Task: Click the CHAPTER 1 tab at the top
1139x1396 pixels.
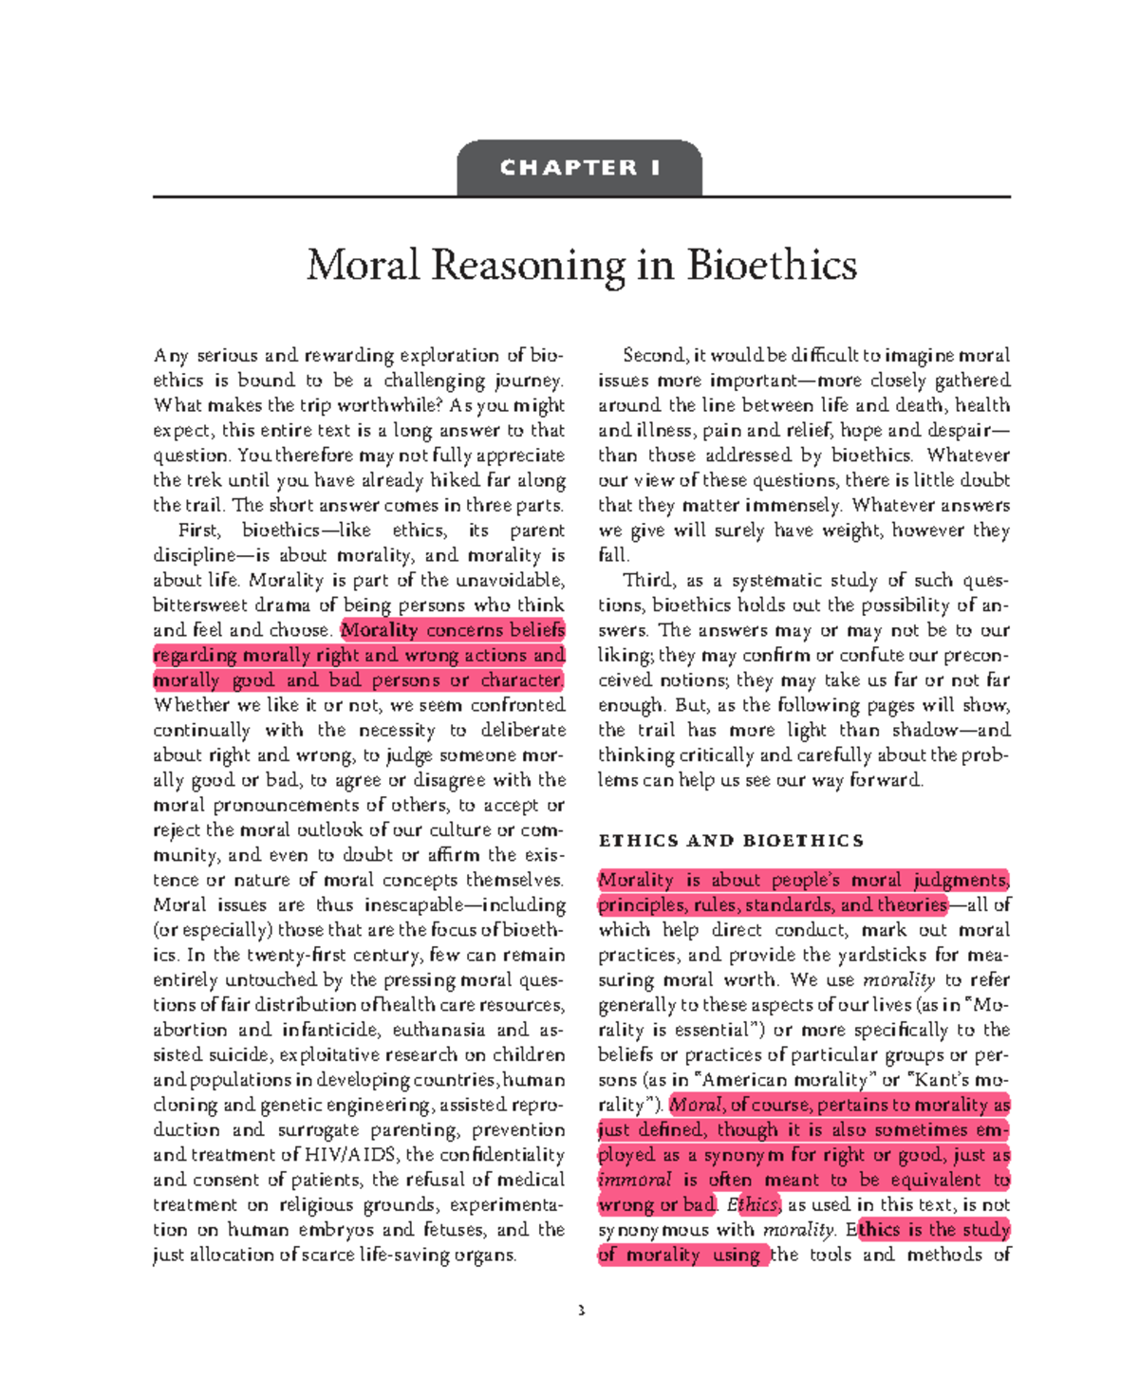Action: (x=579, y=168)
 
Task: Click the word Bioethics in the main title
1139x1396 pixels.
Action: (x=772, y=265)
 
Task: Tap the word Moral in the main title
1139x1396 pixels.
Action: (x=363, y=265)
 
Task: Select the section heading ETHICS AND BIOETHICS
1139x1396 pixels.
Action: (x=731, y=841)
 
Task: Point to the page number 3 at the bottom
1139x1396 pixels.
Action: (x=581, y=1312)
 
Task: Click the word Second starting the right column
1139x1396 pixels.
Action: (x=654, y=355)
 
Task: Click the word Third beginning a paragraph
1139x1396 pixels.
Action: (x=649, y=580)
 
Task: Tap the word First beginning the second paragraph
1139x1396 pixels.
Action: (x=199, y=530)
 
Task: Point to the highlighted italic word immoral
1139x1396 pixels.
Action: (x=634, y=1180)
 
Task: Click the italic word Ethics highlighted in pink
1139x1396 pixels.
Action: (x=754, y=1204)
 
